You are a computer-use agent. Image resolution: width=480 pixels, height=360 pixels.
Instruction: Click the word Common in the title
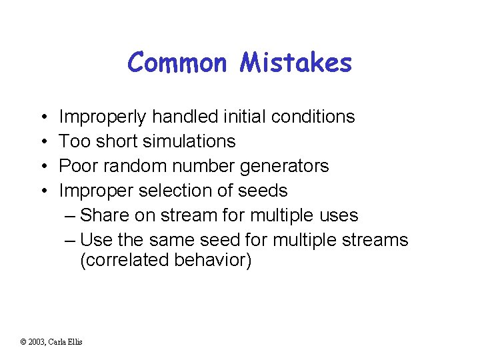pos(176,63)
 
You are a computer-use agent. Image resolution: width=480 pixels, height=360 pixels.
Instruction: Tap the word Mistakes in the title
pos(295,63)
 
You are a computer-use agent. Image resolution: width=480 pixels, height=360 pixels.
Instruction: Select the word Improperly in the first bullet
pos(103,117)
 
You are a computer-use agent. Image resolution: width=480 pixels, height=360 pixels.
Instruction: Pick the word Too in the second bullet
pos(72,141)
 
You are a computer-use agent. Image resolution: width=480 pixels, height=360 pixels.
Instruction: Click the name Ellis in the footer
pos(75,342)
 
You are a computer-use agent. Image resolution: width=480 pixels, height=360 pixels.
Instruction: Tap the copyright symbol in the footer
pos(24,342)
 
